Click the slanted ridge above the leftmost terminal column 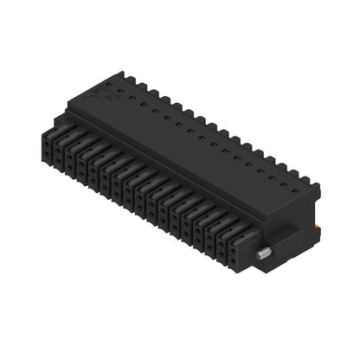coord(61,131)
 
